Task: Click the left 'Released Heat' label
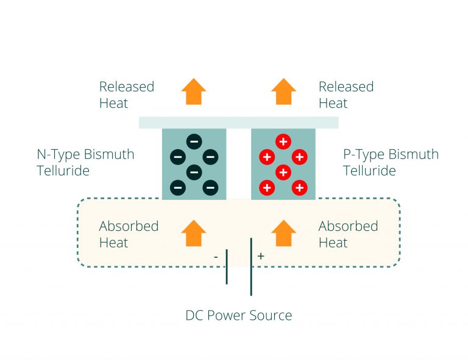126,95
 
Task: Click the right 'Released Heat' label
346,95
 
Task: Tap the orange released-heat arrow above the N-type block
194,92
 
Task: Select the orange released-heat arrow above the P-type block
283,92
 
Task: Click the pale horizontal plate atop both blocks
238,122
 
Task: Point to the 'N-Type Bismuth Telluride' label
85,162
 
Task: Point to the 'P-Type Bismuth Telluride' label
391,162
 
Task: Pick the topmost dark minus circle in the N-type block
193,142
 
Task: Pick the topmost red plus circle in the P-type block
283,142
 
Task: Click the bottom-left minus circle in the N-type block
177,188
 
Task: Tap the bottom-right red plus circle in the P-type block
299,188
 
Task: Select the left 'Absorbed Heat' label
129,234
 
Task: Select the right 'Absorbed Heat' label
348,234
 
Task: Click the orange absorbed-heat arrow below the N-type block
194,233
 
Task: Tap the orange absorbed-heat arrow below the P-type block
283,233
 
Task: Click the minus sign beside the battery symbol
216,257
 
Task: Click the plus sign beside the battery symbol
261,256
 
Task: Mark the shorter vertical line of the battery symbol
227,266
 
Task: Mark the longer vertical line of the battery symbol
251,266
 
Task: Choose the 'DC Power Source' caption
238,316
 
